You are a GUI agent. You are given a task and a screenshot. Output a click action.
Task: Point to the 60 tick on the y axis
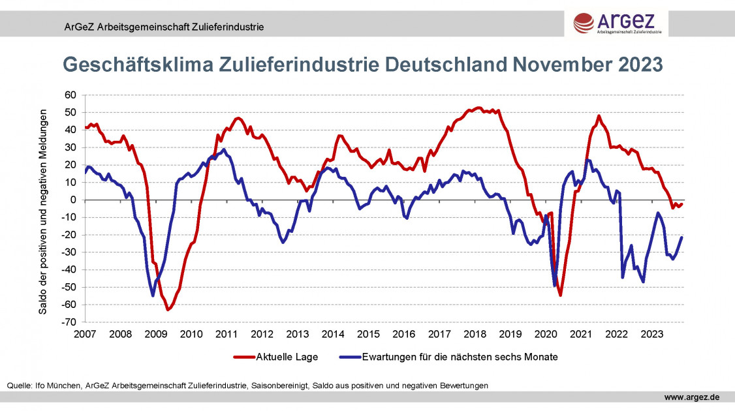click(71, 95)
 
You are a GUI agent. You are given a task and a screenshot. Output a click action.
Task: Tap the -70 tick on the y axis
click(70, 322)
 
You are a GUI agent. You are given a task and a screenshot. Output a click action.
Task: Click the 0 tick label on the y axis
click(74, 200)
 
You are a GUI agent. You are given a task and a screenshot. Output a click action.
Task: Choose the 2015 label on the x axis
click(368, 335)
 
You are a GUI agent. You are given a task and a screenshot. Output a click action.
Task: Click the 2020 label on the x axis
click(545, 335)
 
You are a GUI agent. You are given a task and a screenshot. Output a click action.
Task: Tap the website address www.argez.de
click(692, 397)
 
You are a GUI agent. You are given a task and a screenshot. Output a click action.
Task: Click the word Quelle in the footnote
click(19, 386)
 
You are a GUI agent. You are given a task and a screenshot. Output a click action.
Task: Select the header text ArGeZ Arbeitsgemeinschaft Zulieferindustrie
click(163, 27)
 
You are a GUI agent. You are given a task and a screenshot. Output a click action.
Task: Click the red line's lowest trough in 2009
click(168, 309)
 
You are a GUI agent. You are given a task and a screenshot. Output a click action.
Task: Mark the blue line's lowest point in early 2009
click(153, 296)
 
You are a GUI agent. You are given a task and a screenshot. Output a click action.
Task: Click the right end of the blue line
click(682, 237)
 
